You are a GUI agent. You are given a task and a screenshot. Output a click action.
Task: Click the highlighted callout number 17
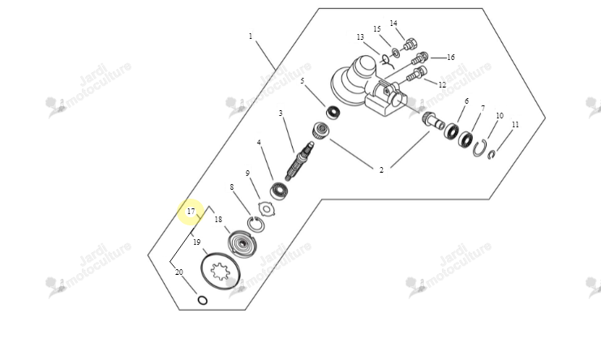191,212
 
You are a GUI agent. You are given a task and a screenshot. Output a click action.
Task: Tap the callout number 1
251,36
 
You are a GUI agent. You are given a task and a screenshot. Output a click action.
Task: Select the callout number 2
381,169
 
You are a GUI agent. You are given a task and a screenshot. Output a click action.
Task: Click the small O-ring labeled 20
203,300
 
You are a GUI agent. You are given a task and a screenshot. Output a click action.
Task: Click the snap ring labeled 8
255,224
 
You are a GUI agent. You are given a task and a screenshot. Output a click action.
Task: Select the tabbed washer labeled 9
266,208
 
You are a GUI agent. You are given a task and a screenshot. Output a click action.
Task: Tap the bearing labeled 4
279,191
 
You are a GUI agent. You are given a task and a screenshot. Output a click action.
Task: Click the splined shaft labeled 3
300,160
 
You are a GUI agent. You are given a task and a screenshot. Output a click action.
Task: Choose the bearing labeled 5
333,113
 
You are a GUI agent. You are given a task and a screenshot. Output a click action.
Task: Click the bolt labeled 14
410,44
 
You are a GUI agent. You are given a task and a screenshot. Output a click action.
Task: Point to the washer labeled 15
396,53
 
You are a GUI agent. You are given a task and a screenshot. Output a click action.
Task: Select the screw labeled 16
419,58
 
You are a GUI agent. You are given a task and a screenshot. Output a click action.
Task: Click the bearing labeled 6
451,131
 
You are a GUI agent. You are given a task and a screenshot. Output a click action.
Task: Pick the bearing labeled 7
466,139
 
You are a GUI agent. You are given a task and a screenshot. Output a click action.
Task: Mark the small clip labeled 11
492,155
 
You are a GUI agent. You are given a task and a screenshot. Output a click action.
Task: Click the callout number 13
360,37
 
